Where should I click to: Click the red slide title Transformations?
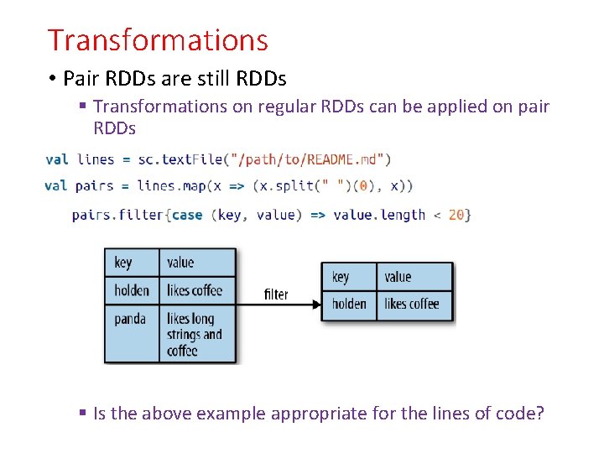point(158,40)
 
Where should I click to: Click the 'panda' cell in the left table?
point(130,319)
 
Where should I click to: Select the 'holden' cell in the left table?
point(132,290)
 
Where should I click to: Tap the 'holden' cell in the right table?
point(349,304)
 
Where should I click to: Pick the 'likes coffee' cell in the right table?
point(412,304)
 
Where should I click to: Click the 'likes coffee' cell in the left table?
point(195,290)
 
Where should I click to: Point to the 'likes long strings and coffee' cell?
point(195,334)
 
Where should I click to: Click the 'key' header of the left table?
point(123,263)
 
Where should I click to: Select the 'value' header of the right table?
point(398,277)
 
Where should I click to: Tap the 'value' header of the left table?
point(180,263)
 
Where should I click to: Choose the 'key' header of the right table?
point(341,277)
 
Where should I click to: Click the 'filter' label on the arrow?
point(276,294)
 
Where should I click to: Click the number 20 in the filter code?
point(456,215)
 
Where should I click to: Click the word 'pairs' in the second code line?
point(95,185)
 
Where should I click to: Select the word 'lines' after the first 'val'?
point(96,159)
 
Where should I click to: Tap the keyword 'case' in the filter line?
point(187,215)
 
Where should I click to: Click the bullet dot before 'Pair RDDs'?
point(52,79)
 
